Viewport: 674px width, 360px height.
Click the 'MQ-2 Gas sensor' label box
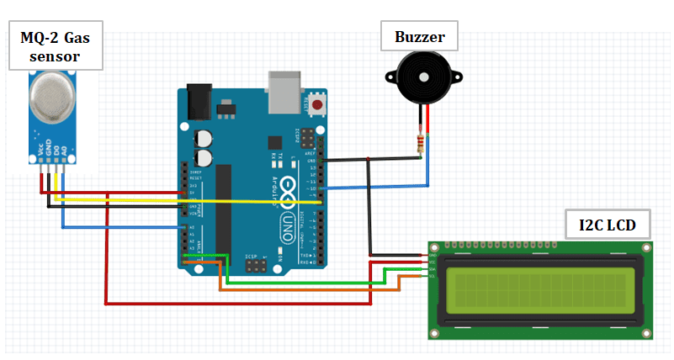click(56, 47)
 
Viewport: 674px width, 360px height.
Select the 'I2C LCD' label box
click(607, 225)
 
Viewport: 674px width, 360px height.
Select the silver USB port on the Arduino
click(284, 92)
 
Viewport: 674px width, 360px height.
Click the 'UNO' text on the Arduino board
click(286, 223)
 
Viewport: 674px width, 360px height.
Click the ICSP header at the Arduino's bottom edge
click(254, 266)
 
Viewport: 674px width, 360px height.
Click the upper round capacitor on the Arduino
click(204, 139)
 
